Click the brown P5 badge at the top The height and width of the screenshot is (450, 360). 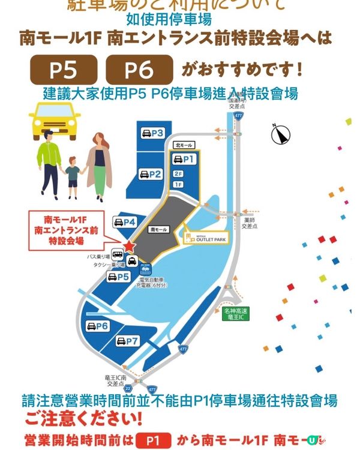pos(62,70)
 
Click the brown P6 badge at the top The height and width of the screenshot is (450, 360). pos(139,70)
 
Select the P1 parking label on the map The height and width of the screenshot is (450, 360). pos(184,159)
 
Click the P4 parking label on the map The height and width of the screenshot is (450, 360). pos(124,223)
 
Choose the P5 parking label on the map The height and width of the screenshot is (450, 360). pos(118,277)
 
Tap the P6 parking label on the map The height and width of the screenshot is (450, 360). pos(97,326)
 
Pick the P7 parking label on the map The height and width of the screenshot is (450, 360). pos(127,341)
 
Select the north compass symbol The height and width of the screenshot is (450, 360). pos(280,134)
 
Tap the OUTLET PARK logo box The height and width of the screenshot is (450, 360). pos(207,237)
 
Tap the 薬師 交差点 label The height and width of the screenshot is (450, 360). pos(249,223)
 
